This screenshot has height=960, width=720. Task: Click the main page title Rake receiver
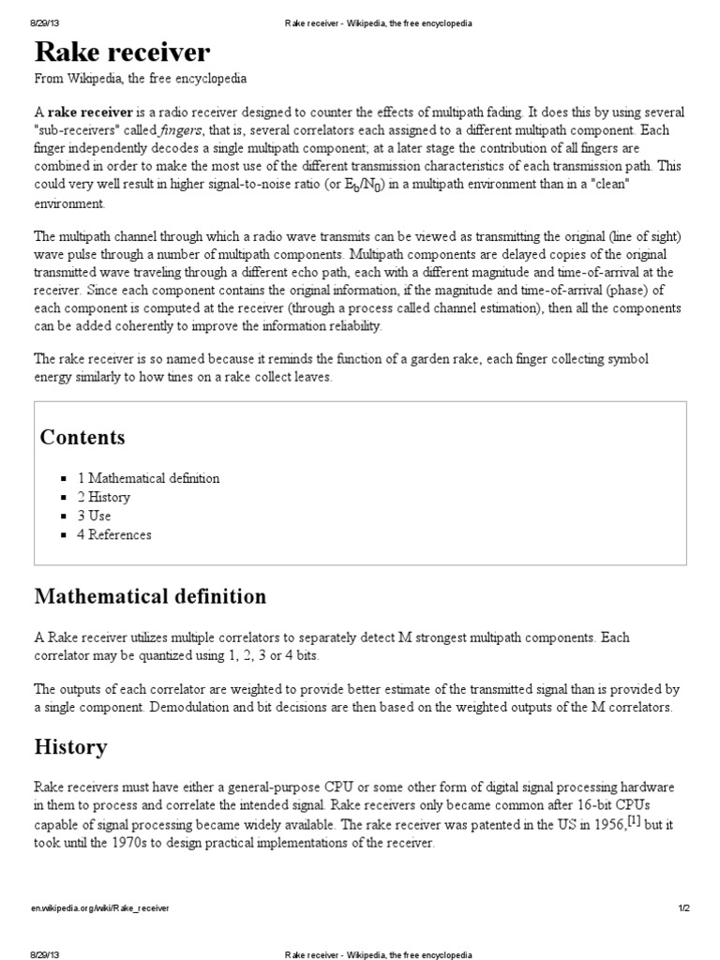click(x=123, y=51)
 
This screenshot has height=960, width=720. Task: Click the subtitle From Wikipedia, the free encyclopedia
click(x=141, y=79)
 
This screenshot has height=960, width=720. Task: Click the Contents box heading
click(x=82, y=438)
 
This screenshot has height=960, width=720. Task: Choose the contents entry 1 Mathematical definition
click(x=148, y=478)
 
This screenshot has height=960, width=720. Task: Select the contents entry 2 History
click(x=104, y=497)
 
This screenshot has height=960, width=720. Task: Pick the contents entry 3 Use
click(x=95, y=516)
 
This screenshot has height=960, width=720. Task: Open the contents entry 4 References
click(x=114, y=534)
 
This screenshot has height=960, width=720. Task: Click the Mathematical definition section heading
click(x=150, y=596)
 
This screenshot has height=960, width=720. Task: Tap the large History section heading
click(x=70, y=747)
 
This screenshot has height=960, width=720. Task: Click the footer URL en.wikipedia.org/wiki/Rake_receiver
click(x=102, y=908)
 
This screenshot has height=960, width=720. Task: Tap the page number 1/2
click(x=683, y=908)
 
